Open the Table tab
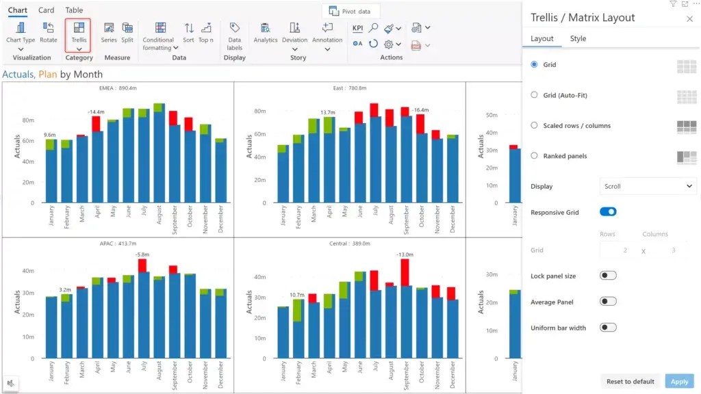click(74, 10)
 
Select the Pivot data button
click(350, 12)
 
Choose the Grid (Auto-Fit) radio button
click(535, 95)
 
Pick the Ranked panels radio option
click(535, 156)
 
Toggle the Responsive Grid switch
click(608, 212)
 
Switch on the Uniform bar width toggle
click(608, 328)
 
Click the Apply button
click(679, 381)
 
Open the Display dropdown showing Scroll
click(648, 186)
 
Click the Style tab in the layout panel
click(578, 38)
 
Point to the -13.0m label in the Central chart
click(404, 254)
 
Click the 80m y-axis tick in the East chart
click(259, 111)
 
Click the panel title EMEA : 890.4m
click(118, 88)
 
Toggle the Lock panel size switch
click(608, 276)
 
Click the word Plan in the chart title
click(47, 75)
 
